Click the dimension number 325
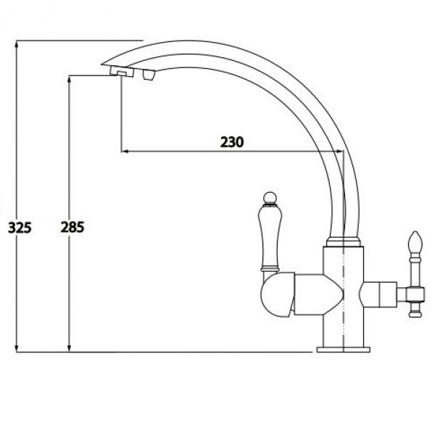[x=20, y=228]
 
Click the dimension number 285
[x=72, y=227]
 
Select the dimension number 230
[x=232, y=142]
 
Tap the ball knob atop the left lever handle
[x=270, y=199]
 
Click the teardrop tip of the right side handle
[x=415, y=241]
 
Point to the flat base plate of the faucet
[x=343, y=349]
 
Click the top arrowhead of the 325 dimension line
[x=17, y=44]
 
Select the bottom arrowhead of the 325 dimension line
[x=17, y=348]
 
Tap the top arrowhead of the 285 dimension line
[x=69, y=79]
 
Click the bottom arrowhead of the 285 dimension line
[x=69, y=348]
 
